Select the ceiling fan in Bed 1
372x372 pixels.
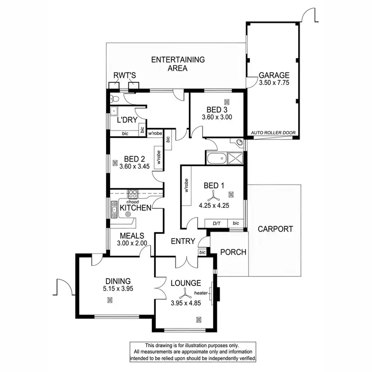click(x=214, y=195)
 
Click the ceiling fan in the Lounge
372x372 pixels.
click(x=185, y=293)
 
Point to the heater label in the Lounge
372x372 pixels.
click(x=207, y=293)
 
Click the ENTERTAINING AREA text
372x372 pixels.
click(x=178, y=64)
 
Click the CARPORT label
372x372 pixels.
click(x=275, y=229)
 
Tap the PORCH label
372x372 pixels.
click(x=233, y=252)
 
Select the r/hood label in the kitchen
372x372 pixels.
click(x=132, y=202)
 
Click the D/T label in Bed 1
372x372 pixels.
click(x=216, y=223)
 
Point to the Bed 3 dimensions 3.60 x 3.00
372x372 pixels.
click(x=217, y=118)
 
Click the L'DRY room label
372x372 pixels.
click(x=126, y=120)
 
